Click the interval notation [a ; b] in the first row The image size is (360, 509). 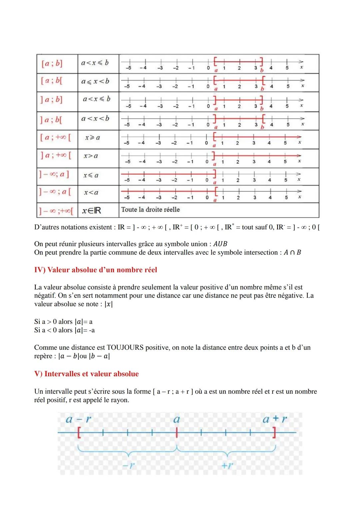coord(52,63)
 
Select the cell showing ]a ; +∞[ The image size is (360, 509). coord(56,156)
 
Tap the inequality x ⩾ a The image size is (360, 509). coord(92,138)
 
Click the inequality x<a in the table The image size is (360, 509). coord(91,192)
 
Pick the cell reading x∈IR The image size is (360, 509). coord(91,210)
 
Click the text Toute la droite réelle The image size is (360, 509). coord(150,210)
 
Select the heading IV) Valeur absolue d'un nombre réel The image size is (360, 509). coord(96,270)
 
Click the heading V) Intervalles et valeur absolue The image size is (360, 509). coord(86,374)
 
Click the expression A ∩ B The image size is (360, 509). coord(292,252)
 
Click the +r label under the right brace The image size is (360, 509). coord(227,465)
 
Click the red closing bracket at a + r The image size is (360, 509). coord(274,433)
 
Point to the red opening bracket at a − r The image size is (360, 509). coord(79,433)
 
